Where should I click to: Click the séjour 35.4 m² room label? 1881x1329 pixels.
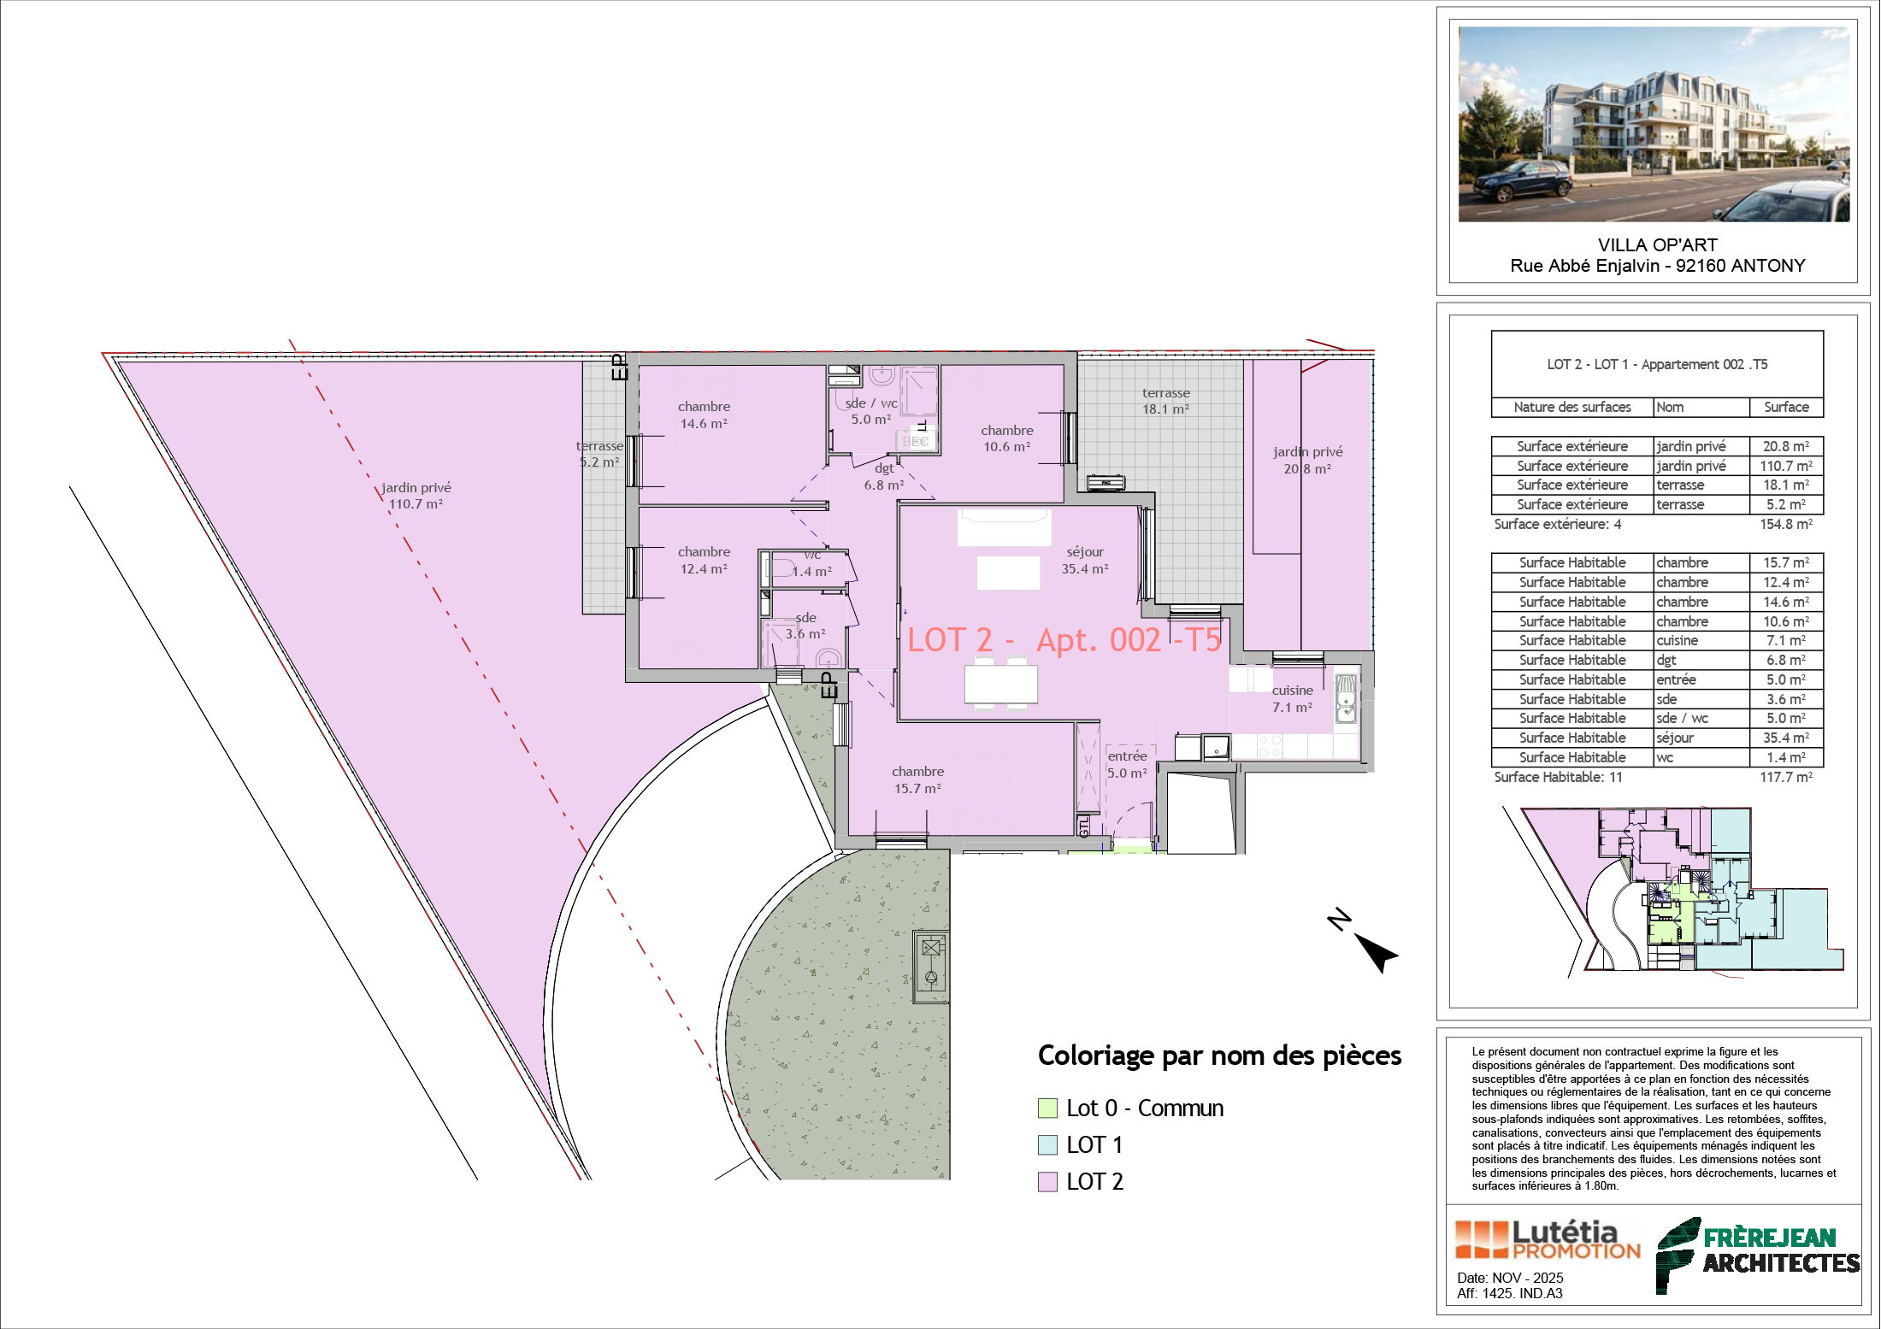tap(1085, 561)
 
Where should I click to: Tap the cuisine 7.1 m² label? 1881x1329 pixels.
tap(1292, 699)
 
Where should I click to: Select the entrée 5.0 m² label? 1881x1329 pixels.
tap(1127, 765)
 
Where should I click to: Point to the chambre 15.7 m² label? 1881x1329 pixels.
tap(917, 780)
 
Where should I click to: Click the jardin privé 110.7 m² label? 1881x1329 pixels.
tap(416, 496)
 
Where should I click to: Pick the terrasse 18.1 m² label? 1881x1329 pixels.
tap(1165, 401)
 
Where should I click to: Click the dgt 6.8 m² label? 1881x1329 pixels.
tap(884, 477)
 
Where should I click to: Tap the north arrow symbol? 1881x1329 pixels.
tap(1365, 943)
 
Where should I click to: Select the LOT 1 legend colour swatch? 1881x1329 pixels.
tap(1047, 1145)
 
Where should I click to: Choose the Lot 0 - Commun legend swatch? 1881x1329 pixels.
tap(1047, 1108)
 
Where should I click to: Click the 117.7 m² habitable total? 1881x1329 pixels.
tap(1785, 778)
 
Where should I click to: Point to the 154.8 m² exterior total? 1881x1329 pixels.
tap(1785, 525)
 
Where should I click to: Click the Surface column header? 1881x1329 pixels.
tap(1786, 408)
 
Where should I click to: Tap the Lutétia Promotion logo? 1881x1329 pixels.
tap(1548, 1240)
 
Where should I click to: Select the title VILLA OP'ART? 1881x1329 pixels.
tap(1657, 245)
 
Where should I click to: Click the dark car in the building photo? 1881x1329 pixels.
tap(1523, 180)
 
